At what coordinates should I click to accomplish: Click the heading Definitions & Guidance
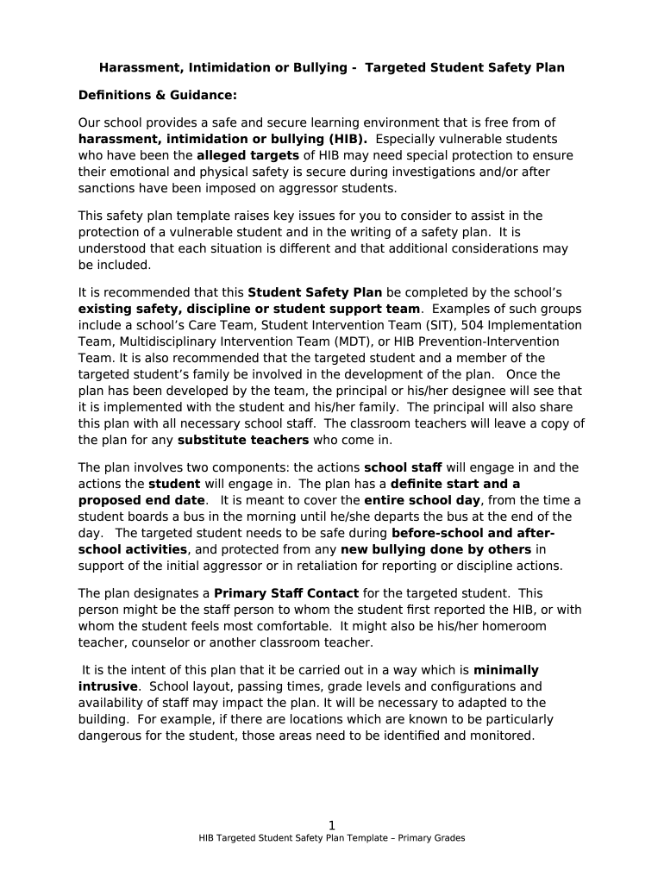157,95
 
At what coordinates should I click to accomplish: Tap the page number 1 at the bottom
332,825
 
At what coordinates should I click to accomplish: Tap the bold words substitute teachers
243,440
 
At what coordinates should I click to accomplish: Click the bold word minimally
506,670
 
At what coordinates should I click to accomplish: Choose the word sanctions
107,188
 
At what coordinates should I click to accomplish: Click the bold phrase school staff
410,467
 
